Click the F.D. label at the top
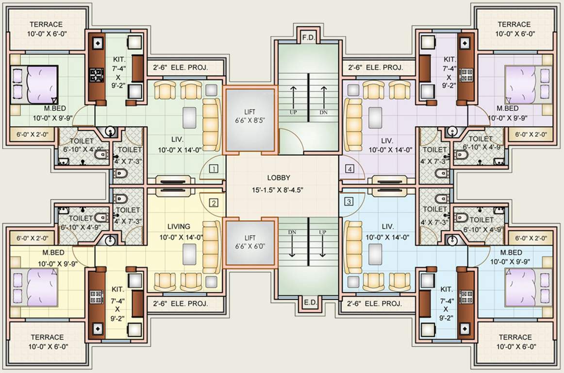coord(307,37)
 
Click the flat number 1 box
coord(213,169)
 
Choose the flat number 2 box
coord(213,203)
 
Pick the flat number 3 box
coord(348,201)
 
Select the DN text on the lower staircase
coord(292,233)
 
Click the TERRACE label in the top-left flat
coord(46,24)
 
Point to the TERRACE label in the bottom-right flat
coord(514,337)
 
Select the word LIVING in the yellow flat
coord(179,226)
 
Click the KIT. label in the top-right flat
coord(449,59)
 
